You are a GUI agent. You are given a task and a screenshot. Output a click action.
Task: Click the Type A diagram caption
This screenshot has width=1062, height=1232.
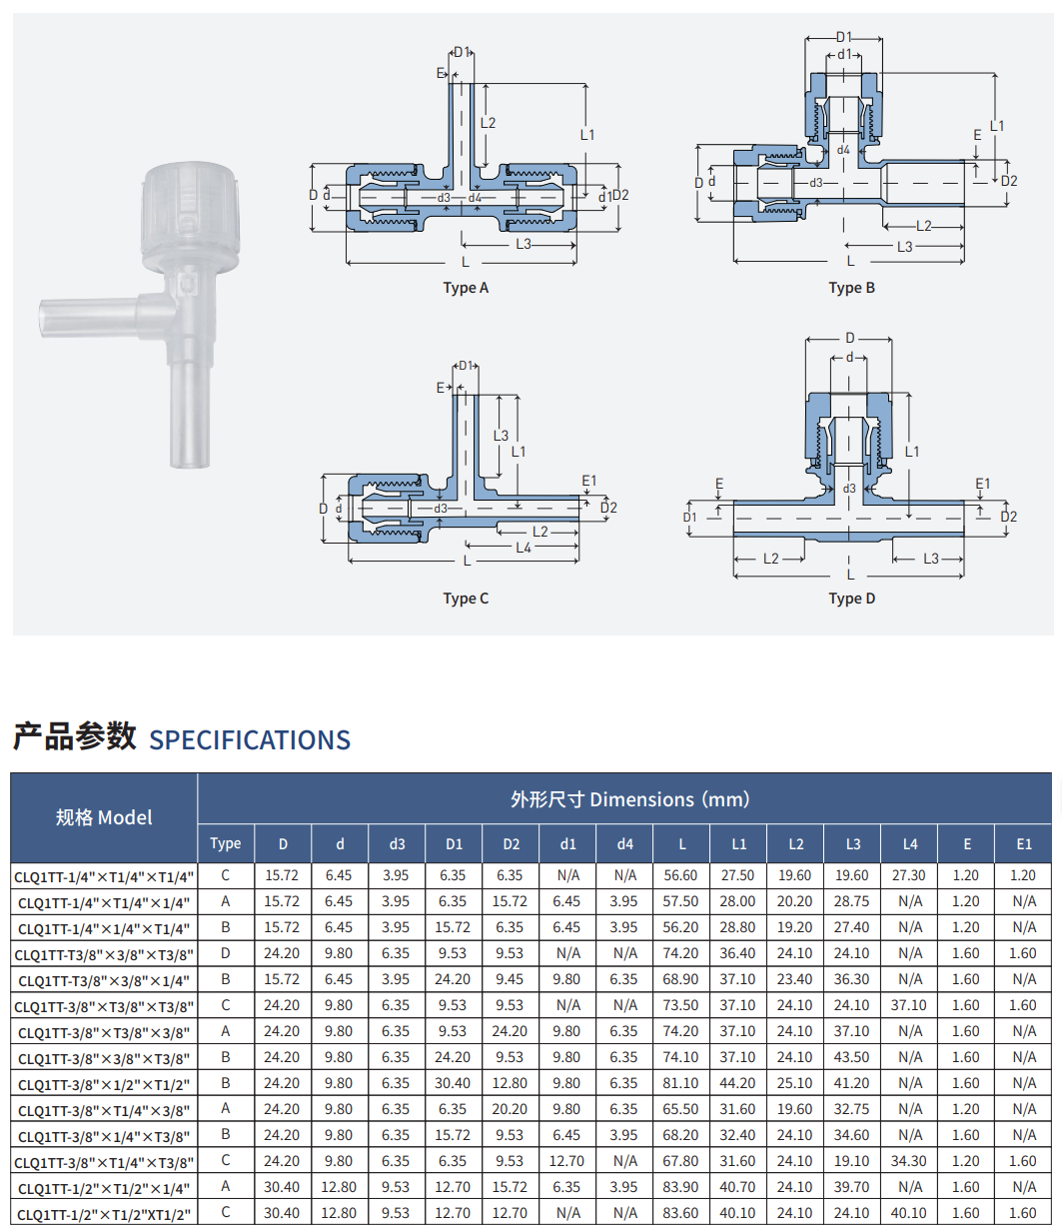[466, 288]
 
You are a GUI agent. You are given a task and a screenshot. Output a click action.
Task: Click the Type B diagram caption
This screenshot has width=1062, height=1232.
[851, 288]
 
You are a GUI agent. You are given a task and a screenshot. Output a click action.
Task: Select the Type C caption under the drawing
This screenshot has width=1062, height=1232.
[466, 598]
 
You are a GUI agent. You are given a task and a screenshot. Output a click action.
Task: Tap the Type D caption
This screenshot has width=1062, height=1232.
[851, 598]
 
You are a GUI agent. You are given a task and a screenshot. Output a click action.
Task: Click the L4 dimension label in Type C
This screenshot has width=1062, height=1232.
[524, 548]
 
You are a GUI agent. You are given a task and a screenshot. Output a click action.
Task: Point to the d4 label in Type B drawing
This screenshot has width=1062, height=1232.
[843, 150]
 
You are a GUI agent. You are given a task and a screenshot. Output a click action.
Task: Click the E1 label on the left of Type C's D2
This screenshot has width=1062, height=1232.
[588, 481]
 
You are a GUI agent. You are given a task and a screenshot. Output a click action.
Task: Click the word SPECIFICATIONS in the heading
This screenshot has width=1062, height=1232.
[250, 739]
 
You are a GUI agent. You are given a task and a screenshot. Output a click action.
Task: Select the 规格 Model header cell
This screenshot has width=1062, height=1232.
[104, 817]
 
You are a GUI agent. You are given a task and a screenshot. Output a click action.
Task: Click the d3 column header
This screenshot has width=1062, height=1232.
[397, 844]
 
